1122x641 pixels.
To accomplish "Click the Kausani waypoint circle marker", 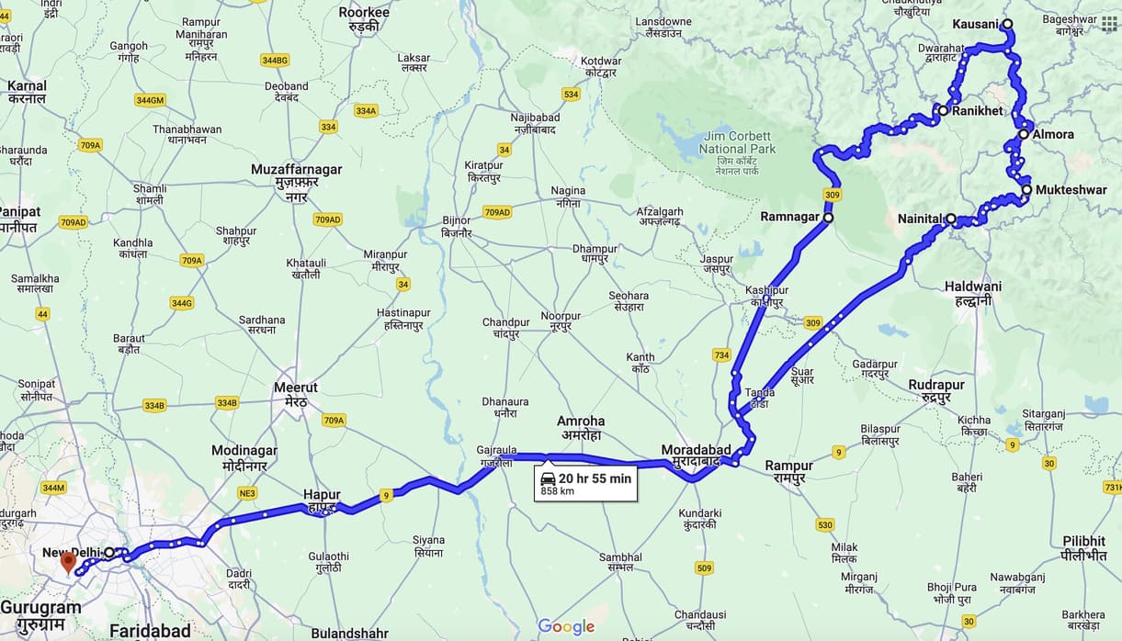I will click(1007, 24).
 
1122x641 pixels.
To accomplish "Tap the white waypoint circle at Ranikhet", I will click(943, 110).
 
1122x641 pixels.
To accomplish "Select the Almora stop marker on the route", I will click(1024, 134).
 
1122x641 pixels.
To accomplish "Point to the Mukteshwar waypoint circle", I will click(1026, 190).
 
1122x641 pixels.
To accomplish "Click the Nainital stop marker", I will click(951, 219).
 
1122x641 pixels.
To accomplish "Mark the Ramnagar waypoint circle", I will click(828, 218).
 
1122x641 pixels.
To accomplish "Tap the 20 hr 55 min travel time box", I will click(585, 483).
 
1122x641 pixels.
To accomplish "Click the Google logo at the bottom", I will click(566, 626).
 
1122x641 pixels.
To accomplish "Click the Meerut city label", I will click(296, 394).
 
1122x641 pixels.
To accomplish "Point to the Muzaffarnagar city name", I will click(296, 176).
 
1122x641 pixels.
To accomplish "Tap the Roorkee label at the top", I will click(364, 18).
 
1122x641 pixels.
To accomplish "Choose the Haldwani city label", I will click(972, 293).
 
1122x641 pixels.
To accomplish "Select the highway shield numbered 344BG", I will click(275, 60).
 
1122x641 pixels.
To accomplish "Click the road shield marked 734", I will click(721, 355).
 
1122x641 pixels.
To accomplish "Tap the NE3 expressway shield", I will click(247, 493).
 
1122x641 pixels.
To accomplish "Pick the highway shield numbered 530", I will click(824, 525).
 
